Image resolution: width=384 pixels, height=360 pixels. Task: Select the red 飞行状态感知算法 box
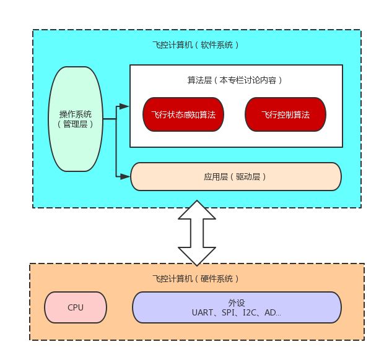pyautogui.click(x=183, y=114)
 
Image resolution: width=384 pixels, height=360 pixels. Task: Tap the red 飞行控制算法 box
pyautogui.click(x=286, y=114)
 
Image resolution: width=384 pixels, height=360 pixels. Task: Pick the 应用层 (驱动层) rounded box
pyautogui.click(x=235, y=176)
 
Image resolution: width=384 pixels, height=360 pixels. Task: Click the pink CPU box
pyautogui.click(x=76, y=307)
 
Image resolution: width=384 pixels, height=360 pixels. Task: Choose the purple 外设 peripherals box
pyautogui.click(x=237, y=307)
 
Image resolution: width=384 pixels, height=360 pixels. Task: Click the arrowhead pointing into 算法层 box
pyautogui.click(x=125, y=106)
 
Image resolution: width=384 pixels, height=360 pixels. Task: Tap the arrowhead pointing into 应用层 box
pyautogui.click(x=125, y=177)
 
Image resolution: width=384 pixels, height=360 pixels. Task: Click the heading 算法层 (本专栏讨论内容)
pyautogui.click(x=235, y=80)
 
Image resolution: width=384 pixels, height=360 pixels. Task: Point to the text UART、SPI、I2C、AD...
pyautogui.click(x=237, y=313)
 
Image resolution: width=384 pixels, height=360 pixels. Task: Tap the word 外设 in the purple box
pyautogui.click(x=237, y=302)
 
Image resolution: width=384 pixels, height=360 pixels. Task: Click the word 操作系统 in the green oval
pyautogui.click(x=75, y=114)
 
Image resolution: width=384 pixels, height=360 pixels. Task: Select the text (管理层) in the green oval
pyautogui.click(x=75, y=124)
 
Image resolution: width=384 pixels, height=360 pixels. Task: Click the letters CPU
pyautogui.click(x=76, y=307)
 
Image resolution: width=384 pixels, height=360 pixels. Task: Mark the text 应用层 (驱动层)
pyautogui.click(x=235, y=176)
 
